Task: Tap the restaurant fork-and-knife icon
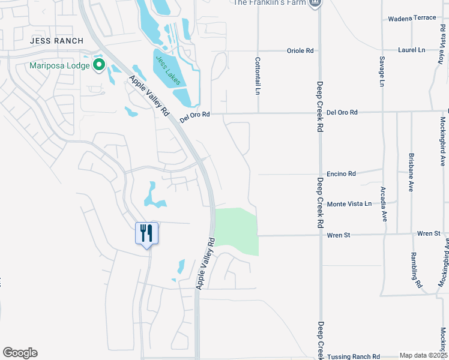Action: (x=146, y=232)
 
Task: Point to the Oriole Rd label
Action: (x=301, y=51)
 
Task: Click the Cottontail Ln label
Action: (x=258, y=76)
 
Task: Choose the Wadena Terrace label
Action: (x=412, y=18)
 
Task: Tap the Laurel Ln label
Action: (x=411, y=50)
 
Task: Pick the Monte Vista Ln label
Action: (x=349, y=205)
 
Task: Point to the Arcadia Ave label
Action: (x=383, y=204)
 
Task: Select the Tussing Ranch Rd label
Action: (x=354, y=356)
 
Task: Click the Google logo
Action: (x=20, y=353)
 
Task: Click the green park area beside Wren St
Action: (x=237, y=231)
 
